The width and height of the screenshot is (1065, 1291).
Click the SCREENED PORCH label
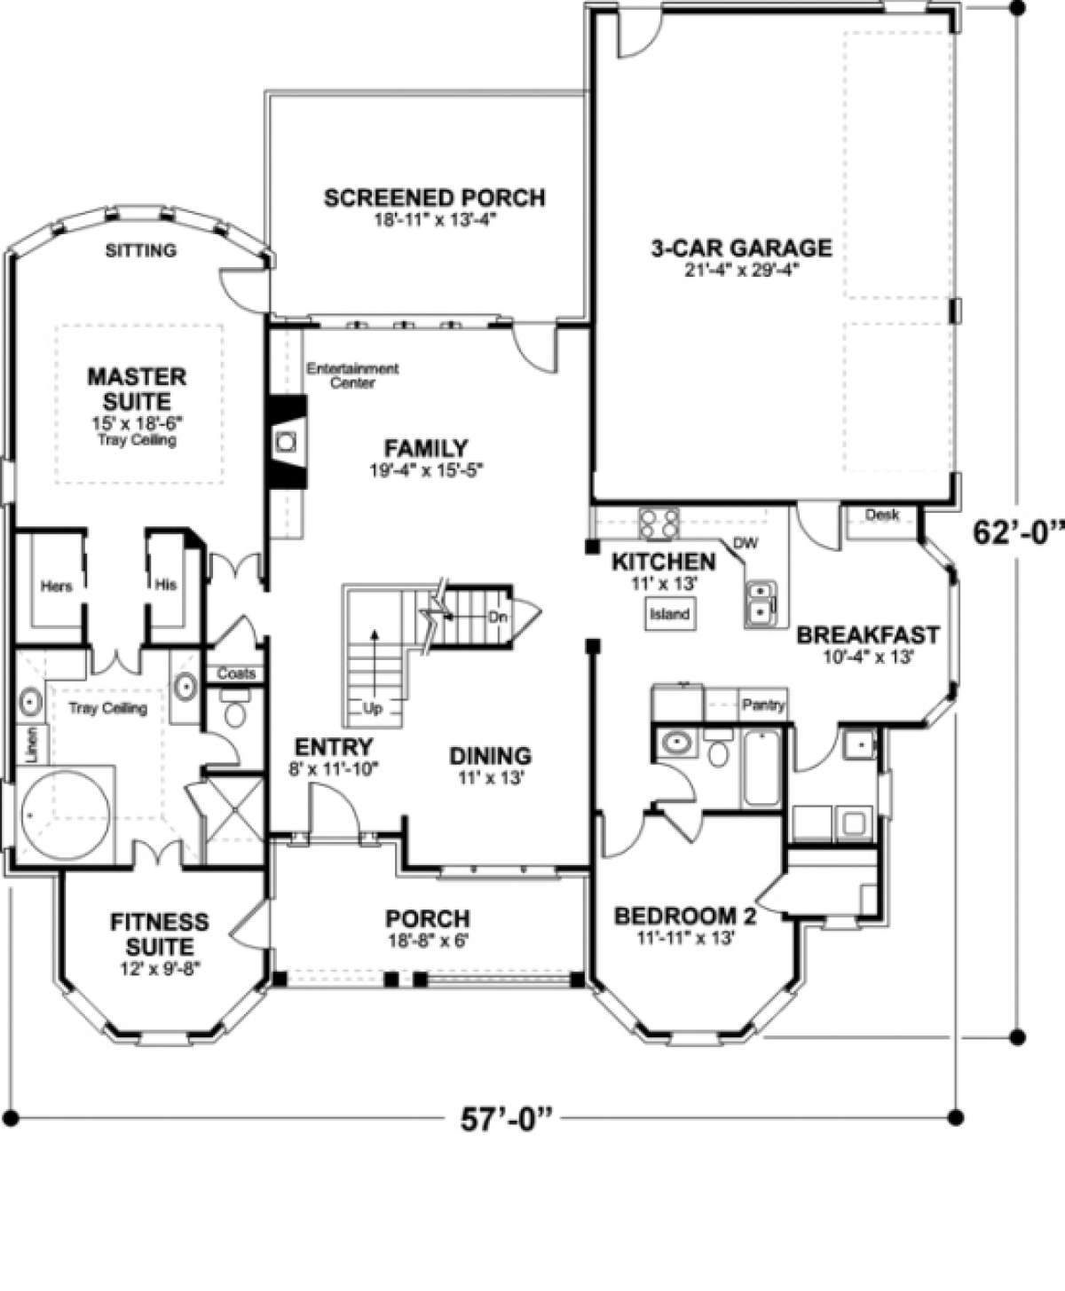435,198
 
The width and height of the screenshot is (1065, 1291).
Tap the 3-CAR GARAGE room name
741,248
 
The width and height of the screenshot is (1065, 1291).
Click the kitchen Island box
670,614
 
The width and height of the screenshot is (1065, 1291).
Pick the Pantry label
764,705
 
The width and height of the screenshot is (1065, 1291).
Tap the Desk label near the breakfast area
882,515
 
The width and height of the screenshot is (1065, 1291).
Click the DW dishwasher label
745,544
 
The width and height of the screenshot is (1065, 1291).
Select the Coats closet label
236,673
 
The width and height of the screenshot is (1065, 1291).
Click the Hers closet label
56,586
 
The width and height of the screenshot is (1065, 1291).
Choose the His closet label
166,585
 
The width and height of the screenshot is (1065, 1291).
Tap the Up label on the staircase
373,709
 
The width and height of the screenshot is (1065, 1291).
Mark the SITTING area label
141,250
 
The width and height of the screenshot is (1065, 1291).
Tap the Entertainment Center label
352,375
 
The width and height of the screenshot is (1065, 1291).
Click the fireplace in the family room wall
287,442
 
